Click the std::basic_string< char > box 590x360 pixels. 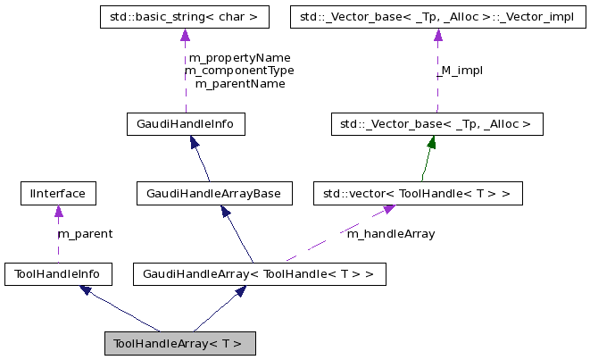[x=185, y=17]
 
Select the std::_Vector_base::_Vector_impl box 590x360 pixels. [x=437, y=17]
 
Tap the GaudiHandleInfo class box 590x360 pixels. [x=186, y=124]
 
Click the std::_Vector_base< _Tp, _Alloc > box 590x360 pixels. [x=436, y=124]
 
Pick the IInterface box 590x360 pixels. [x=58, y=193]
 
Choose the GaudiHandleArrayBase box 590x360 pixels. [x=215, y=193]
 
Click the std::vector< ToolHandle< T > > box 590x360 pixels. [x=418, y=193]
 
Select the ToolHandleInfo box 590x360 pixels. [x=58, y=273]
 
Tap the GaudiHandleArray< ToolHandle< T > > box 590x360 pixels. [x=259, y=273]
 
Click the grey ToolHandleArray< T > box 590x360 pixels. [x=180, y=343]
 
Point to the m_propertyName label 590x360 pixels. [x=239, y=57]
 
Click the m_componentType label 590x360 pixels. [x=239, y=70]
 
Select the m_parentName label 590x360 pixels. [x=239, y=83]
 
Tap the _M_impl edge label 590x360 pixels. [x=461, y=70]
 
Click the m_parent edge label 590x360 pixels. [x=85, y=234]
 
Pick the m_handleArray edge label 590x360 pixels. [x=390, y=234]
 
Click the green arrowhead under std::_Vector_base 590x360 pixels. [x=431, y=142]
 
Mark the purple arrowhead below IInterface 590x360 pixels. [x=58, y=212]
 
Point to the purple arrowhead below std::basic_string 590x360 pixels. [x=185, y=36]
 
